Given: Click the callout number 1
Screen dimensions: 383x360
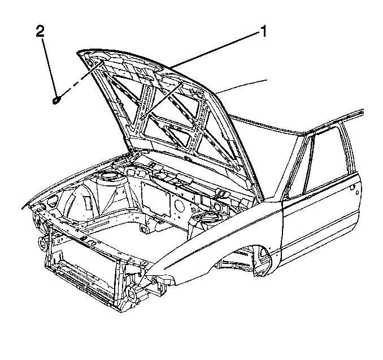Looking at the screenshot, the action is point(263,32).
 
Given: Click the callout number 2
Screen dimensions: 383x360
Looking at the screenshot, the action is point(41,32).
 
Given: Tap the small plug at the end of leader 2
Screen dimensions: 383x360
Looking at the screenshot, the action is point(56,100).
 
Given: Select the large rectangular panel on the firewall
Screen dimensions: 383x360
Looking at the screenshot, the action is point(156,199).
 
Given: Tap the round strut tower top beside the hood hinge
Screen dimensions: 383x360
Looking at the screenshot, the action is point(108,176).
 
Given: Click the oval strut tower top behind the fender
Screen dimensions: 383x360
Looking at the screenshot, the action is point(204,216).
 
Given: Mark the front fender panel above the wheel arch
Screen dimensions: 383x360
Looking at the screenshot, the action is point(220,232).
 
